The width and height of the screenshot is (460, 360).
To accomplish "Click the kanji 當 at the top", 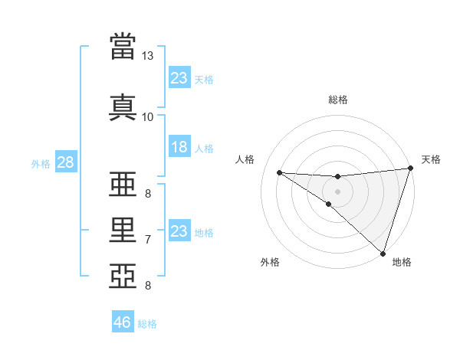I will (x=123, y=47).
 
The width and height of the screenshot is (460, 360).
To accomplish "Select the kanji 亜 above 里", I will (x=123, y=188).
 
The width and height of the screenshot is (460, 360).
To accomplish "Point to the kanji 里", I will (x=123, y=230).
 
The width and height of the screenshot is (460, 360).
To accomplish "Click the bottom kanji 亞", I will (x=123, y=274).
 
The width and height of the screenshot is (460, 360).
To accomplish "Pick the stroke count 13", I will (x=147, y=56).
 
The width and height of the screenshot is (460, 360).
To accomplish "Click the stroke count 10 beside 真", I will (x=147, y=116).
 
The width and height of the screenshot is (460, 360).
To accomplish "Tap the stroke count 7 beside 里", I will (x=147, y=240).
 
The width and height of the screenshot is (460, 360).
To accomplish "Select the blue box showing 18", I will (x=179, y=147).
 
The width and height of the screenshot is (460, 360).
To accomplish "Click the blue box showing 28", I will (x=65, y=163).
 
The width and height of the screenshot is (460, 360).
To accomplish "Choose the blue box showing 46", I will (x=123, y=322).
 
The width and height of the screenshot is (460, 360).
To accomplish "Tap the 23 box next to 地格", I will (x=179, y=231).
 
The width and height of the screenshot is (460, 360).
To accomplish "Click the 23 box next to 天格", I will (x=179, y=79).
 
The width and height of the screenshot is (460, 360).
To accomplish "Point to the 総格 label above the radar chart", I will (x=338, y=100).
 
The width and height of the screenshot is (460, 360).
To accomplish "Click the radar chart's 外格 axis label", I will (x=270, y=262).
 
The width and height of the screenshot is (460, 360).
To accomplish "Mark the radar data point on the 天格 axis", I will (x=411, y=169).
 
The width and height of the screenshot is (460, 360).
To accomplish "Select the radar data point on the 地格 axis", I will (x=383, y=254).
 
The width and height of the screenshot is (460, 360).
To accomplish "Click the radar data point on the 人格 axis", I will (x=279, y=172).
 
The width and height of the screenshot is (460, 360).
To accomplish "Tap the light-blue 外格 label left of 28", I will (x=40, y=164).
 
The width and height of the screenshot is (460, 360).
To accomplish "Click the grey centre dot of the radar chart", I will (x=337, y=190).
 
